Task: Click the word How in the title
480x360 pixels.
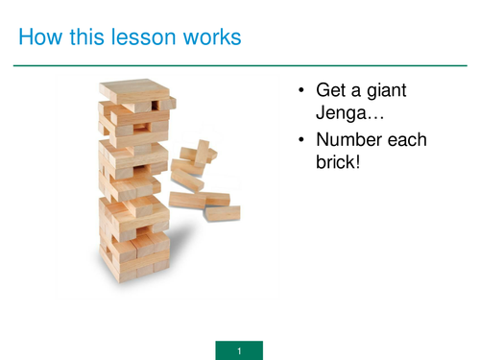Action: click(39, 38)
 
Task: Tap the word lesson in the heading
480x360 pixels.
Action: click(138, 38)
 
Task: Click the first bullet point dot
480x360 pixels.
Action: click(300, 91)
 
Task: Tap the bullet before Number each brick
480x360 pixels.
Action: click(300, 141)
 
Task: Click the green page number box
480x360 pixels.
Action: click(239, 349)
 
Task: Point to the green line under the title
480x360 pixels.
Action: click(240, 66)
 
